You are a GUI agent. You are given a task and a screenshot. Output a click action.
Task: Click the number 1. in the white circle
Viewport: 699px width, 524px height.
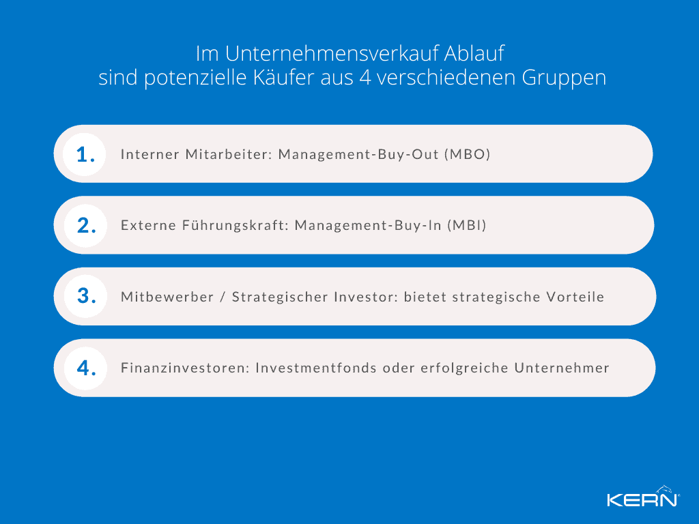[x=85, y=154]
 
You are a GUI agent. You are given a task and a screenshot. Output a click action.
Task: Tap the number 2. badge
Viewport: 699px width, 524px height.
[x=85, y=225]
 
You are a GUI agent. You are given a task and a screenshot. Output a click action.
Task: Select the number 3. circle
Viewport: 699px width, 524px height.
[x=85, y=296]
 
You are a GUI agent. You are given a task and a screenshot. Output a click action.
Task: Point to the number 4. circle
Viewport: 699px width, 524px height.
[x=85, y=368]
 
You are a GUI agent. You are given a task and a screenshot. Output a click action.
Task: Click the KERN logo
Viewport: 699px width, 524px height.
[x=642, y=497]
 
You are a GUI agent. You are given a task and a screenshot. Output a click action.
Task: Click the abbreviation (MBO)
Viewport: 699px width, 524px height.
[x=468, y=154]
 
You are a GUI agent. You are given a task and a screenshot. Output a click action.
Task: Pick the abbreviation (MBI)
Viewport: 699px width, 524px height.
[x=466, y=225]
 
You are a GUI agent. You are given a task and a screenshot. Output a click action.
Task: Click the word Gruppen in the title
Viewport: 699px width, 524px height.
[x=564, y=78]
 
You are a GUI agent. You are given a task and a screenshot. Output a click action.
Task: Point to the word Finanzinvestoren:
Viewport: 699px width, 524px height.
[x=184, y=368]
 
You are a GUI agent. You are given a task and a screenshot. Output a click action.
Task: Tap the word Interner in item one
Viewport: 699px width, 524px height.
[x=150, y=154]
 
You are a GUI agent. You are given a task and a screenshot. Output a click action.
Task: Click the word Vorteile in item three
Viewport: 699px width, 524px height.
[x=575, y=297]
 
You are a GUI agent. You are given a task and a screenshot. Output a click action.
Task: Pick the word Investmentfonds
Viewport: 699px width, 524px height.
[x=317, y=368]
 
